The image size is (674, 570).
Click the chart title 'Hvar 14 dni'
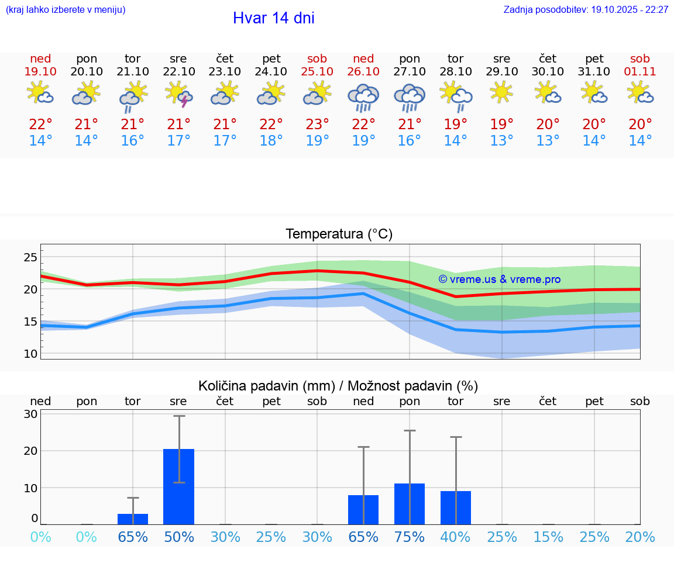click(x=273, y=18)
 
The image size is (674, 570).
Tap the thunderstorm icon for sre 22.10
click(x=179, y=94)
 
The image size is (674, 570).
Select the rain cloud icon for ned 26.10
click(x=363, y=96)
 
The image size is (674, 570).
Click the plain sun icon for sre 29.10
click(x=501, y=92)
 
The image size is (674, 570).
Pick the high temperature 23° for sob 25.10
click(x=317, y=125)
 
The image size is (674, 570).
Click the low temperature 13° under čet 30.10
click(x=548, y=141)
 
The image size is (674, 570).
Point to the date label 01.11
click(x=640, y=71)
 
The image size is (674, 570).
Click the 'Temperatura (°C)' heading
click(x=339, y=234)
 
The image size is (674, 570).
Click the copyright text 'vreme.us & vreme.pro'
click(x=499, y=279)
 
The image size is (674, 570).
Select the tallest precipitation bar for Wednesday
click(x=178, y=486)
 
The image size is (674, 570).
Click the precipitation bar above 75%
click(x=410, y=504)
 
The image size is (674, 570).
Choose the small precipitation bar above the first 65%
click(x=133, y=519)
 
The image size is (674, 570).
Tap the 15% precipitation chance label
click(x=548, y=537)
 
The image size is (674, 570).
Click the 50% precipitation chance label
click(x=178, y=537)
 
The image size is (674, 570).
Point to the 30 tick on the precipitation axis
click(x=30, y=414)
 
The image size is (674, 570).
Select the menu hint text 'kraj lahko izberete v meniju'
click(x=65, y=9)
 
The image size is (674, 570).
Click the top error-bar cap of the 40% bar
click(x=456, y=437)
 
